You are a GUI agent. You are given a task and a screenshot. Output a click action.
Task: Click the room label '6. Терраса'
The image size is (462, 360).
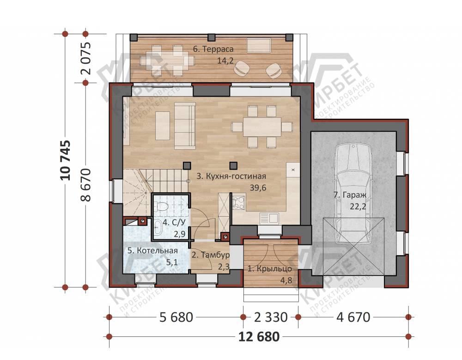(213, 49)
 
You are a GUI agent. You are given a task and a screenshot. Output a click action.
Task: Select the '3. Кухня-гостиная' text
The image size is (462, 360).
(231, 177)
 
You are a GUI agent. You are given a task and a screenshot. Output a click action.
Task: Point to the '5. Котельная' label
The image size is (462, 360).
(152, 250)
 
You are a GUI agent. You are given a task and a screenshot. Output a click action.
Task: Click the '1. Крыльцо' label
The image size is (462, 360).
(270, 268)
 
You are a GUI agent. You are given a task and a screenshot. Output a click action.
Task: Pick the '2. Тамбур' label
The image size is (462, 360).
(210, 255)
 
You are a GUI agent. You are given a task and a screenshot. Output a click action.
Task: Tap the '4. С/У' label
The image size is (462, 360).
(175, 222)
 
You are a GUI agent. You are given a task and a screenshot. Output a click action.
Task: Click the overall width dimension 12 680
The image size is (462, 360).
(259, 337)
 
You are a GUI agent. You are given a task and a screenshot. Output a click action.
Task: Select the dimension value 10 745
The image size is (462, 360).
(66, 160)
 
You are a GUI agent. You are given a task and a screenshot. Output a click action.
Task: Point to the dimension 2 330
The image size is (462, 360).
(271, 317)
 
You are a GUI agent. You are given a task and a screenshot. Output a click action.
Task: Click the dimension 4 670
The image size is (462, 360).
(353, 317)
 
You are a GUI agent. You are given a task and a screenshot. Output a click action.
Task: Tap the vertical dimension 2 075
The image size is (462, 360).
(86, 58)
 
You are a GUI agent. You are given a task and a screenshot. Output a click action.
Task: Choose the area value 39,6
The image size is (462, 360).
(258, 188)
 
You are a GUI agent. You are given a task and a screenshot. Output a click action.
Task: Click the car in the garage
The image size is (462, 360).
(353, 194)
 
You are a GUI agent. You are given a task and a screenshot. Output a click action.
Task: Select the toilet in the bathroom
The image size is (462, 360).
(161, 206)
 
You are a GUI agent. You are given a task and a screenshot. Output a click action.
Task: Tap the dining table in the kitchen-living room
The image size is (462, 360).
(262, 127)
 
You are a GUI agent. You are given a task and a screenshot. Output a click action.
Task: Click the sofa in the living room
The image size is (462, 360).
(185, 126)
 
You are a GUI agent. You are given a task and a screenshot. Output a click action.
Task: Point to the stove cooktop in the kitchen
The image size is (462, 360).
(239, 203)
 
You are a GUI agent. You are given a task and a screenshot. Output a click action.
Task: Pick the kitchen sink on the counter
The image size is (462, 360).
(269, 218)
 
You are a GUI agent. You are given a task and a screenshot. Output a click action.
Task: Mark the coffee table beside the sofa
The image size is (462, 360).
(162, 126)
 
